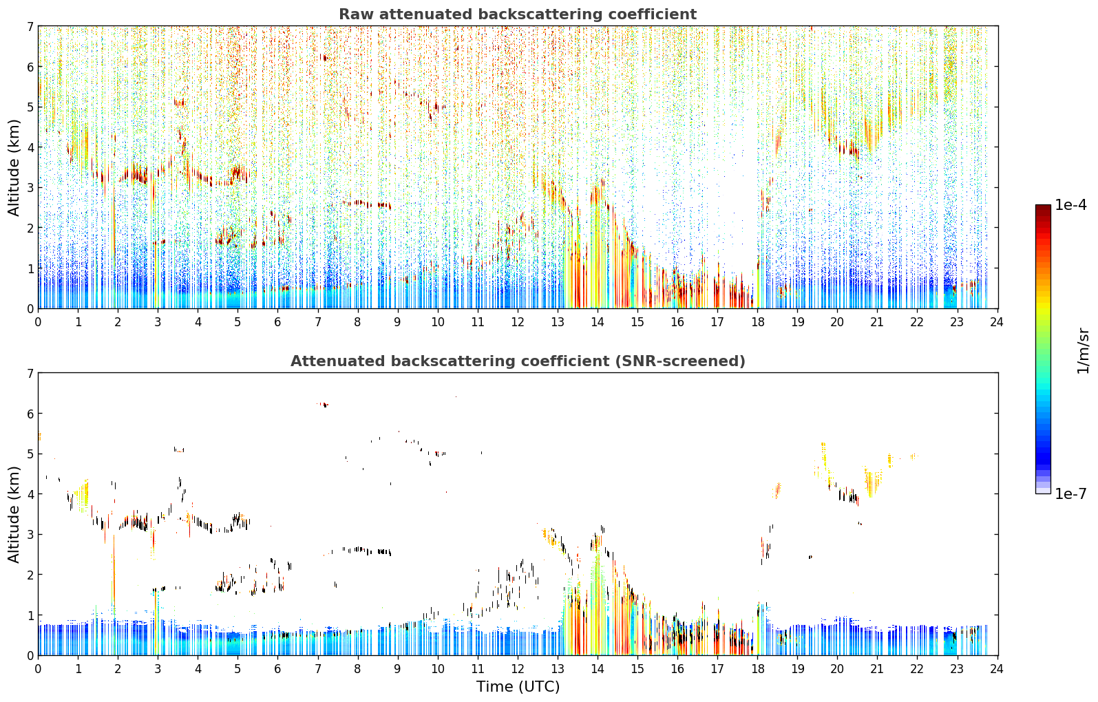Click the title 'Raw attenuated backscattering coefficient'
[518, 14]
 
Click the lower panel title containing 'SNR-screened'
[518, 361]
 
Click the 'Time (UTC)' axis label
[518, 687]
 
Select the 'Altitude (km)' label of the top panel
[14, 168]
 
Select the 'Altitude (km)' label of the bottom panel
[14, 514]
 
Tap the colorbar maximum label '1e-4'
[1070, 205]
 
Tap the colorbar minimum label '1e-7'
[1070, 493]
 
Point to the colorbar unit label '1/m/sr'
[1083, 352]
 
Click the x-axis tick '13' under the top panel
[558, 322]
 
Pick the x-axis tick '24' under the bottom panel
[997, 669]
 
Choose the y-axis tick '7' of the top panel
[30, 26]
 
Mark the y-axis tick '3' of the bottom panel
[30, 534]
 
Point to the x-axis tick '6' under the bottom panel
[278, 669]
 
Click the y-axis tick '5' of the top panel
[30, 107]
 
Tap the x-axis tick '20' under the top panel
[837, 322]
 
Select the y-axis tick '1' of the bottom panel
[30, 615]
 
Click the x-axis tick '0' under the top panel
[39, 322]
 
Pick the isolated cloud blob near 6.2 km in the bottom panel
[324, 405]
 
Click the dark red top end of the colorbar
[1043, 207]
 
